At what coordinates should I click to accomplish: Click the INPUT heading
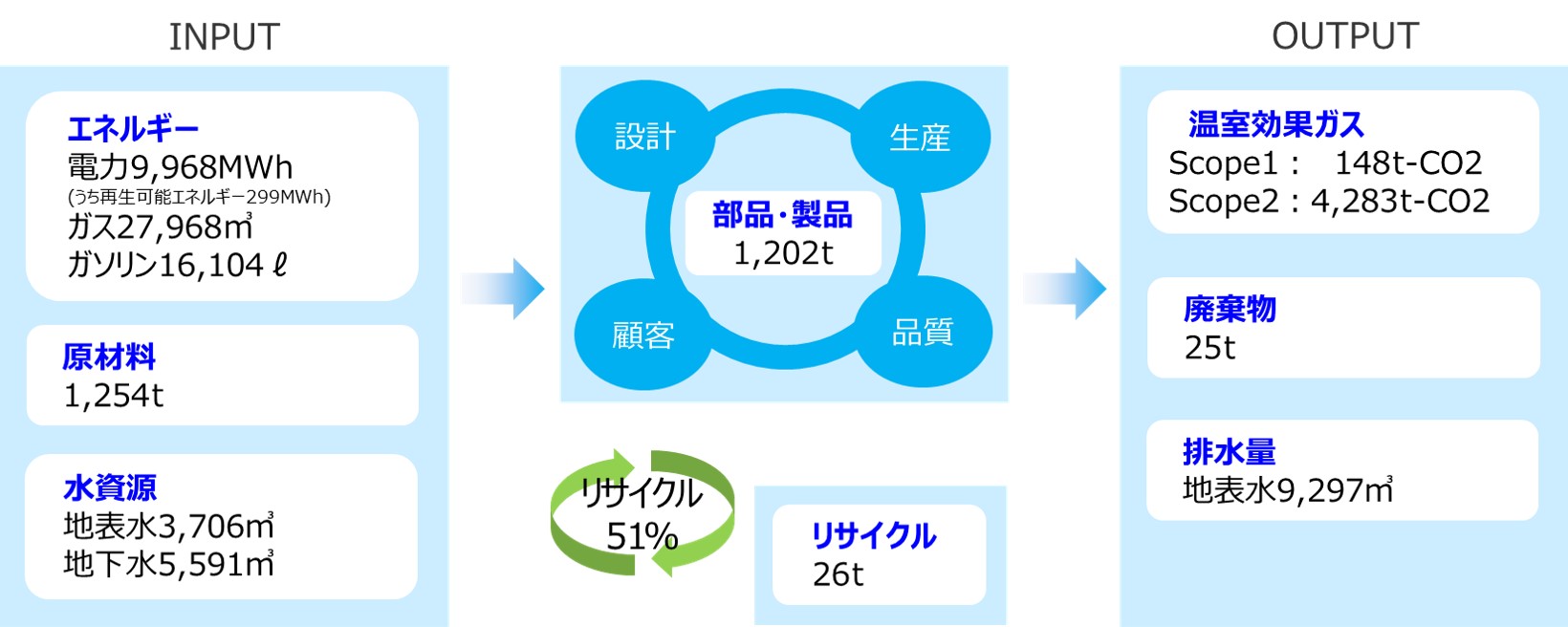point(224,37)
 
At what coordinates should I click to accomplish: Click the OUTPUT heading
point(1344,36)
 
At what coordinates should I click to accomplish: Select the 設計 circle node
point(644,137)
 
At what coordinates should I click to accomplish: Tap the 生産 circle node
point(920,138)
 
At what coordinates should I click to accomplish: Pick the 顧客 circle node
point(643,335)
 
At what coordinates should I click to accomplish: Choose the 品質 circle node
point(923,332)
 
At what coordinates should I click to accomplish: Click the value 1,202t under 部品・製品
point(783,253)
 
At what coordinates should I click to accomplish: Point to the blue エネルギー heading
point(133,128)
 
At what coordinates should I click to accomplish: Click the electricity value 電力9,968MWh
point(180,167)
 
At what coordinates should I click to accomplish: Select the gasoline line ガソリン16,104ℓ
point(177,265)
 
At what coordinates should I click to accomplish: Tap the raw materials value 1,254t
point(114,395)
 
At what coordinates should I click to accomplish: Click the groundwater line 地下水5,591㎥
point(168,564)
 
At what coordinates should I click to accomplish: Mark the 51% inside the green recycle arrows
point(642,536)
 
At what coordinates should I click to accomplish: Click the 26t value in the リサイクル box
point(838,573)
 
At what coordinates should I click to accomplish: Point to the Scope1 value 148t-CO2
point(1407,163)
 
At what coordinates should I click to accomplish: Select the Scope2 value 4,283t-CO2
point(1400,202)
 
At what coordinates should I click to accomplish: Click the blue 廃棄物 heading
point(1230,309)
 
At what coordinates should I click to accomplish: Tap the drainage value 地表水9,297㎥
point(1287,490)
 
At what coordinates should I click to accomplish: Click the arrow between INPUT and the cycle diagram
point(503,288)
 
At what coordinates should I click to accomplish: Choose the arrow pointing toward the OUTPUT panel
point(1065,288)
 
